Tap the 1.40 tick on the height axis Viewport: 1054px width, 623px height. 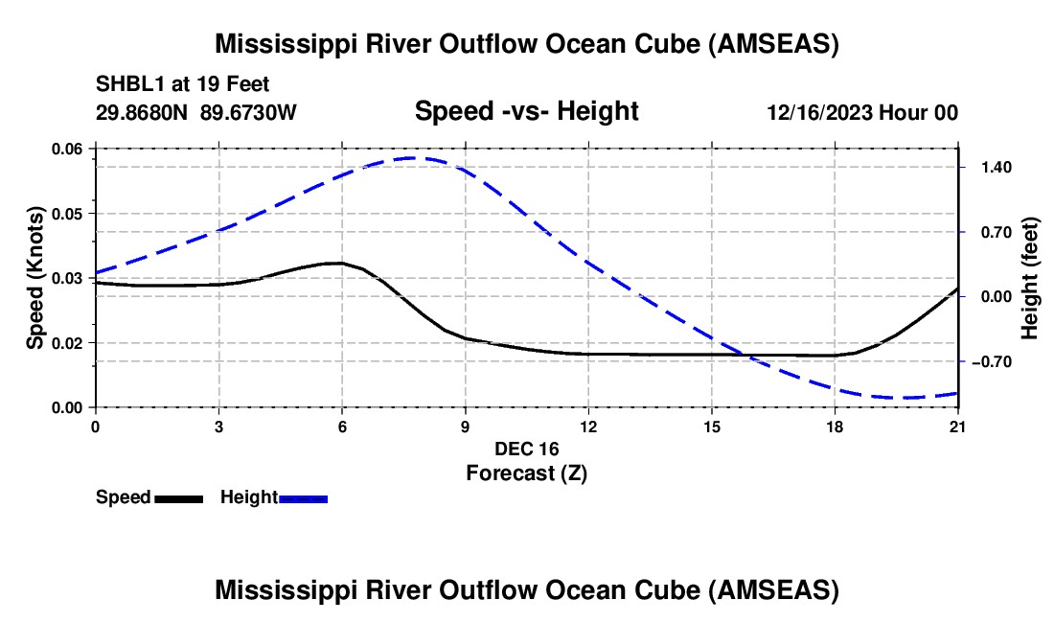pyautogui.click(x=990, y=167)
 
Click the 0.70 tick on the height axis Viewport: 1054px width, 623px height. pyautogui.click(x=990, y=232)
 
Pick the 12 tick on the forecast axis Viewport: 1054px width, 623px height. pyautogui.click(x=587, y=426)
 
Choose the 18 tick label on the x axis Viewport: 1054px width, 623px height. pyautogui.click(x=835, y=426)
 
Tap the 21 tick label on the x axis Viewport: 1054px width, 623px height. pyautogui.click(x=958, y=426)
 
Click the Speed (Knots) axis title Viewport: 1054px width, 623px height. pyautogui.click(x=34, y=278)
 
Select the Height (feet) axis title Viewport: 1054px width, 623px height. pyautogui.click(x=1030, y=278)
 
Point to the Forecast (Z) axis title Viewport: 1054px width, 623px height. pyautogui.click(x=526, y=473)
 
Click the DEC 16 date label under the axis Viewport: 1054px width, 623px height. pyautogui.click(x=526, y=449)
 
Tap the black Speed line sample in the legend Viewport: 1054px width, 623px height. pyautogui.click(x=178, y=498)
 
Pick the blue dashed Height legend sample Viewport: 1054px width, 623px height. pyautogui.click(x=303, y=498)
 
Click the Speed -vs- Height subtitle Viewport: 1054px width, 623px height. pyautogui.click(x=526, y=112)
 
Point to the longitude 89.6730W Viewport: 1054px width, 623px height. pyautogui.click(x=248, y=112)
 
